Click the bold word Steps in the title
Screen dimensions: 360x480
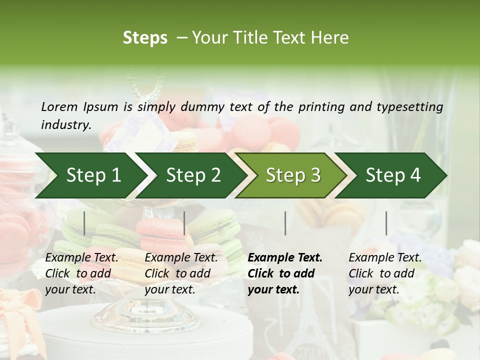pos(145,38)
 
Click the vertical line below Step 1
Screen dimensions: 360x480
pos(84,223)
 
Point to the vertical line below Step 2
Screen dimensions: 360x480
pos(184,223)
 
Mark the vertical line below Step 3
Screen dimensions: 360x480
pos(285,223)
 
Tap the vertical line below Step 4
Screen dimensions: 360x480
pos(386,223)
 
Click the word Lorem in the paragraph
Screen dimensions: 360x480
pos(59,107)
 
